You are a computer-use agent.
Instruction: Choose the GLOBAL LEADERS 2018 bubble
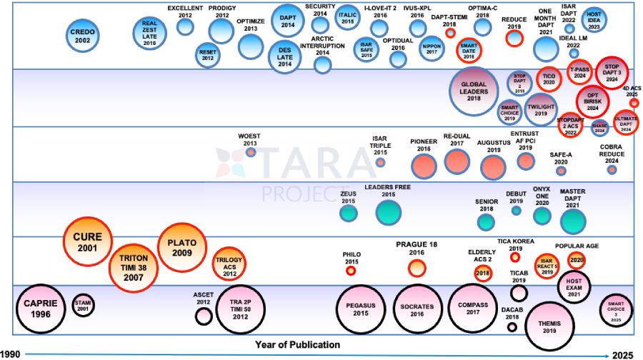pyautogui.click(x=474, y=92)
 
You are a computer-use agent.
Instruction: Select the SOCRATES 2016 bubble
pyautogui.click(x=417, y=308)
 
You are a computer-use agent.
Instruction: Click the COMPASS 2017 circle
pyautogui.click(x=472, y=307)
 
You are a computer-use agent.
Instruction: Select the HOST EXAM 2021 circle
pyautogui.click(x=573, y=286)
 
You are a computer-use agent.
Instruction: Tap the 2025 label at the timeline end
pyautogui.click(x=625, y=354)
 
